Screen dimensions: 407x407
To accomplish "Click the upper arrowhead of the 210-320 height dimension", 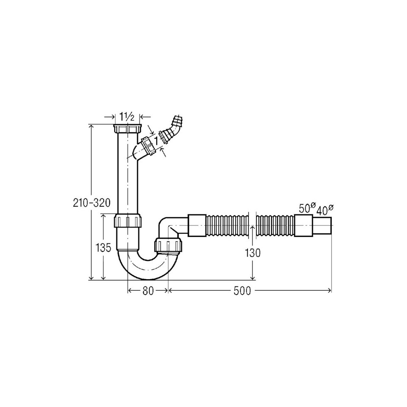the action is pyautogui.click(x=91, y=125).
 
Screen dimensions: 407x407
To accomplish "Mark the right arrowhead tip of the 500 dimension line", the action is pyautogui.click(x=331, y=291).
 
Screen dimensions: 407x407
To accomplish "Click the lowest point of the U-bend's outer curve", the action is pyautogui.click(x=149, y=280).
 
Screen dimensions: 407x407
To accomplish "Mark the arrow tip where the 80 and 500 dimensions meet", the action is pyautogui.click(x=168, y=291).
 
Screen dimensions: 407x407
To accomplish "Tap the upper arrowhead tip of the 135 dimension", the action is pyautogui.click(x=103, y=214).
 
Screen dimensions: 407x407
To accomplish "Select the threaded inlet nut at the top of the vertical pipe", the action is pyautogui.click(x=128, y=129).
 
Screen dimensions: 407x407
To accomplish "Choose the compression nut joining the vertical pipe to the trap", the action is pyautogui.click(x=128, y=220).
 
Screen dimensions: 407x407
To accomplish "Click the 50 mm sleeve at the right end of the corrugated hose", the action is pyautogui.click(x=303, y=225).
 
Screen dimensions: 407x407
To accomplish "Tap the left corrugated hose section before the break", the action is pyautogui.click(x=228, y=225).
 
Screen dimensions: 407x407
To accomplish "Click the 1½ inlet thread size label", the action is pyautogui.click(x=127, y=117).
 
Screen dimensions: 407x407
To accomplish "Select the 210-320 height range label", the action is pyautogui.click(x=92, y=203).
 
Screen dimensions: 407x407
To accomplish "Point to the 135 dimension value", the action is pyautogui.click(x=103, y=248).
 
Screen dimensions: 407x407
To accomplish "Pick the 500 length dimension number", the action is pyautogui.click(x=242, y=291).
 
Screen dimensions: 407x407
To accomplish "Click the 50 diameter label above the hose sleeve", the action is pyautogui.click(x=307, y=208).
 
